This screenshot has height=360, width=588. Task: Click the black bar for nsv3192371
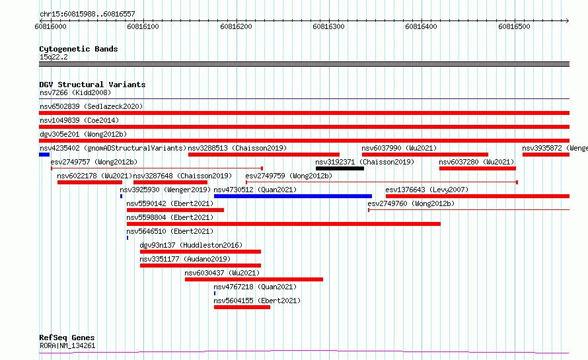pyautogui.click(x=340, y=168)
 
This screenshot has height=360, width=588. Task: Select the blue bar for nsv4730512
pyautogui.click(x=293, y=196)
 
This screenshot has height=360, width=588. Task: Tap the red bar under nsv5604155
pyautogui.click(x=242, y=307)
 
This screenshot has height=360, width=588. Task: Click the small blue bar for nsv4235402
pyautogui.click(x=44, y=155)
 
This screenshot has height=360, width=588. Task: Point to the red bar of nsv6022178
pyautogui.click(x=90, y=182)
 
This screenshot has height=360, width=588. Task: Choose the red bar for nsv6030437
pyautogui.click(x=254, y=279)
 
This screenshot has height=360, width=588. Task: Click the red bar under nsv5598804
pyautogui.click(x=283, y=224)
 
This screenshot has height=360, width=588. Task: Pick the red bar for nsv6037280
pyautogui.click(x=478, y=168)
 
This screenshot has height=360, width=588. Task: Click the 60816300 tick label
pyautogui.click(x=328, y=26)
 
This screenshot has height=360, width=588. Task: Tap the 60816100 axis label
pyautogui.click(x=143, y=26)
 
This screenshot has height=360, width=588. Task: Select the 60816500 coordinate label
pyautogui.click(x=514, y=26)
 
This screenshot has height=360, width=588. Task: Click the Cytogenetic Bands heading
pyautogui.click(x=79, y=49)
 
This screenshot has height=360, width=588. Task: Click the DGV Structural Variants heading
pyautogui.click(x=92, y=85)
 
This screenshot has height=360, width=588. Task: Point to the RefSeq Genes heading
pyautogui.click(x=67, y=338)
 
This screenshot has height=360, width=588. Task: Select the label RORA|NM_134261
pyautogui.click(x=67, y=345)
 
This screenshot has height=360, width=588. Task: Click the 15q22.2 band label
pyautogui.click(x=54, y=57)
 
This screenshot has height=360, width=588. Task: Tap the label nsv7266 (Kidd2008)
pyautogui.click(x=75, y=92)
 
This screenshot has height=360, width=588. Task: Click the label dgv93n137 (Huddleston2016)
pyautogui.click(x=191, y=245)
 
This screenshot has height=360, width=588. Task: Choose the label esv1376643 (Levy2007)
pyautogui.click(x=427, y=190)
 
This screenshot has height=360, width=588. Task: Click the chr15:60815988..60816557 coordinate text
pyautogui.click(x=87, y=15)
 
